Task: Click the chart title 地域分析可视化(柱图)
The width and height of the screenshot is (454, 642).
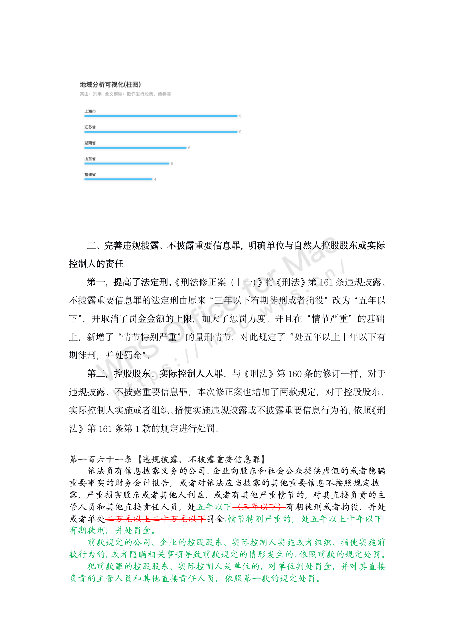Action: tap(110, 84)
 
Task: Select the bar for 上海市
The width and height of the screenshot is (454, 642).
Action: tap(161, 116)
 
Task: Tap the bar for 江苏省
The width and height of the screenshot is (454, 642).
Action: tap(161, 132)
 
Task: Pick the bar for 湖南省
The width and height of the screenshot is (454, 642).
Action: tap(135, 148)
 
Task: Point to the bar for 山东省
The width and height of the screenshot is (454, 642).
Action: tap(127, 163)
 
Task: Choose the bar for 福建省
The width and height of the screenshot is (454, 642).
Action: tap(118, 179)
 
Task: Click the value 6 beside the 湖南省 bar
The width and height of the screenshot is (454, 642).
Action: tap(189, 148)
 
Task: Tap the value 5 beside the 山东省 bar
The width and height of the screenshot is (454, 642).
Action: tap(172, 164)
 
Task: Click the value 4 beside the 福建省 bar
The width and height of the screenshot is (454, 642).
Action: tap(155, 179)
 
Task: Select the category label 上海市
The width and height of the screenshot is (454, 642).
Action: tap(90, 111)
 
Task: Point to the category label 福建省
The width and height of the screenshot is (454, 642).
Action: tap(90, 175)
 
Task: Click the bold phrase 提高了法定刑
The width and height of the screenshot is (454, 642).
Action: tap(141, 282)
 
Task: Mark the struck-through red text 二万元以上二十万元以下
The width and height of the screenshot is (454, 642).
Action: tap(156, 519)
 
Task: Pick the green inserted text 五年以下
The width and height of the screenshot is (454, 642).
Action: tap(214, 507)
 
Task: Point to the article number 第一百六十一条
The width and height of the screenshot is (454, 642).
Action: tap(101, 459)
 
